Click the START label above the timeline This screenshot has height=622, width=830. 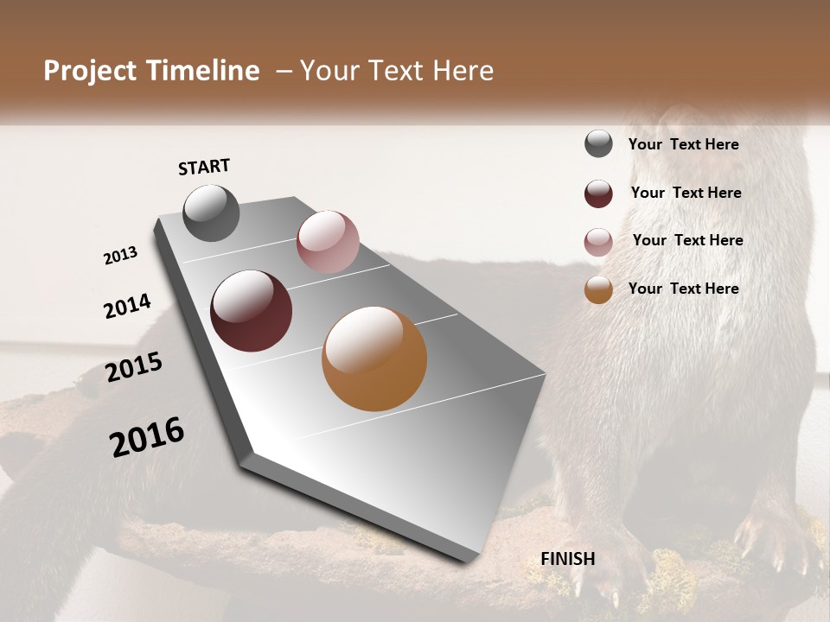coord(204,167)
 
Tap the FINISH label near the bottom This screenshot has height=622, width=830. coord(568,559)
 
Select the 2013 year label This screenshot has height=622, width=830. coord(121,256)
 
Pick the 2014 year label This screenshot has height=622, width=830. coord(127,306)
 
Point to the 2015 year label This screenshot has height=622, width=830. coord(134,367)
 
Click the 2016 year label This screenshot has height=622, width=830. coord(147,436)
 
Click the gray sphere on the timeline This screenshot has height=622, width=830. coord(211,213)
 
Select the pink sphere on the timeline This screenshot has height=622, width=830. coord(328,241)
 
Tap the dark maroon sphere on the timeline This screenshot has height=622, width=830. coord(251,311)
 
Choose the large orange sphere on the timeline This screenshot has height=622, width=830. coord(374,359)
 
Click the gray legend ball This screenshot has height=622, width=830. coord(598,144)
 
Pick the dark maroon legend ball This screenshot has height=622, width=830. coord(598,194)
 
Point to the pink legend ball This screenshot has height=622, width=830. coord(598,242)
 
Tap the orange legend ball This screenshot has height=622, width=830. coord(598,289)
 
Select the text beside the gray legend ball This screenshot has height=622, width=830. coord(683,144)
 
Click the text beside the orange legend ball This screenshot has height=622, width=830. coord(683,289)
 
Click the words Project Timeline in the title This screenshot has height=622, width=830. coord(151,71)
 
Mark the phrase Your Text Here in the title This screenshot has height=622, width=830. coord(397,71)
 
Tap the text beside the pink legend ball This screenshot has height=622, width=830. coord(687,240)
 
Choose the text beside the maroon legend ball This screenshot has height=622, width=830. coord(686,193)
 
